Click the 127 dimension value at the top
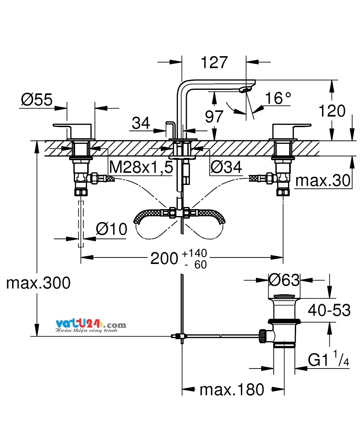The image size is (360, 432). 215,63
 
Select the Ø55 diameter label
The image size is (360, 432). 37,99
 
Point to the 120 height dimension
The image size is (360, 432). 332,111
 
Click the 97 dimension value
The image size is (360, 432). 214,117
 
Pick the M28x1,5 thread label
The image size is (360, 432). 141,167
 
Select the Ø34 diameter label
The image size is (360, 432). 226,167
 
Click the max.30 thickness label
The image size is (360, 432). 323,181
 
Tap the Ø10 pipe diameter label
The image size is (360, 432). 111,229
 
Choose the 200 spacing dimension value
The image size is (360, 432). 164,258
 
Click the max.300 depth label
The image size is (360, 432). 38,283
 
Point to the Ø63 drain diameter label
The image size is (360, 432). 284,280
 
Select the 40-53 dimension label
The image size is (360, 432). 329,310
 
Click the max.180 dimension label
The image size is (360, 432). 232,390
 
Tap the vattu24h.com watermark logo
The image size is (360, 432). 91,326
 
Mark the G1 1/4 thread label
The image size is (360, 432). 328,359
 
